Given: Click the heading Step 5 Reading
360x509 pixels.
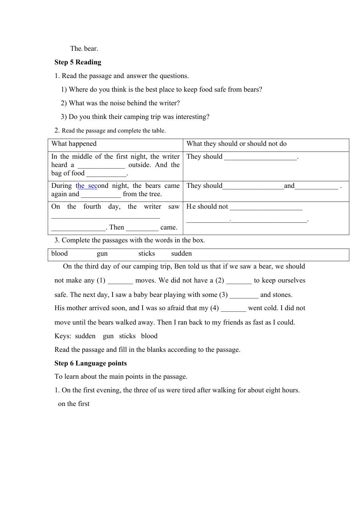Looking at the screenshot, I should (78, 62).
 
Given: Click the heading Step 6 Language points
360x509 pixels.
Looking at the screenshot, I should (91, 363).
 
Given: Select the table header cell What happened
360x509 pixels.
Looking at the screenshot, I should (74, 144).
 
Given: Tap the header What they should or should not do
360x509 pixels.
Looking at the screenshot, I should (236, 144).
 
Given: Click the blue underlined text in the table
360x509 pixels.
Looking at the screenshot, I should (88, 186).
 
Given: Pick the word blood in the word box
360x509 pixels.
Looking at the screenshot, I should (59, 254).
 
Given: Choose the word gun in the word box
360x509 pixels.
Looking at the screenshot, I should (102, 254).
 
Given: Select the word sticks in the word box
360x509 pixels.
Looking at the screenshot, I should (147, 254).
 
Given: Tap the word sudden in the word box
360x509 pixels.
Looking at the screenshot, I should (182, 254).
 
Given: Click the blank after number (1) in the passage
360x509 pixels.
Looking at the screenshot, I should (120, 281).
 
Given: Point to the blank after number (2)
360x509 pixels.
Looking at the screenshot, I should (239, 281).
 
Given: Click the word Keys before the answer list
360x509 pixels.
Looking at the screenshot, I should (63, 336).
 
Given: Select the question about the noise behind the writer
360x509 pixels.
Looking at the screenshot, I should (120, 103).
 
